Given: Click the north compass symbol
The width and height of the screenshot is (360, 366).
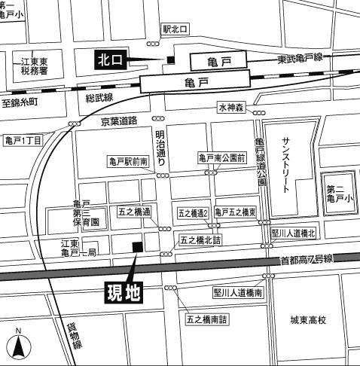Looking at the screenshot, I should [17, 345].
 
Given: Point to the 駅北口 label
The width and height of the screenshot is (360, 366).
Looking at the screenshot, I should [175, 29].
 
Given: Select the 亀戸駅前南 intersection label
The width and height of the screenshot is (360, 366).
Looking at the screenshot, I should [130, 160].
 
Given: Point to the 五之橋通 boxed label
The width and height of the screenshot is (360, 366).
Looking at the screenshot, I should [135, 212].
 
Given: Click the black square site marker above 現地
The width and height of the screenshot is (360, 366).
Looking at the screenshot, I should [136, 248].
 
